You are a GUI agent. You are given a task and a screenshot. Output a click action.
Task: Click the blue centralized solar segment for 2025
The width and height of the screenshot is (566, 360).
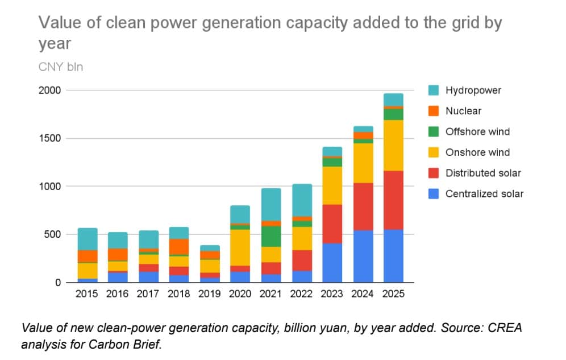coord(393,256)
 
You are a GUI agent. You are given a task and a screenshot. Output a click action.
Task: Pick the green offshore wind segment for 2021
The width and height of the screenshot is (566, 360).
coord(270,236)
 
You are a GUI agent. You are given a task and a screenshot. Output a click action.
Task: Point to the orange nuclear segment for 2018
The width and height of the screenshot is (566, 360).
coord(179,246)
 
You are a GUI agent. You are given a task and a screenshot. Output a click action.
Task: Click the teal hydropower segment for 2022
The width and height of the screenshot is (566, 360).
coord(301,200)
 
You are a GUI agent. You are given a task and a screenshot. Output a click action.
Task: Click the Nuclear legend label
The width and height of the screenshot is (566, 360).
coord(463,111)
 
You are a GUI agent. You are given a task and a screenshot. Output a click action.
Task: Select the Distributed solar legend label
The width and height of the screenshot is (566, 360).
coord(483,173)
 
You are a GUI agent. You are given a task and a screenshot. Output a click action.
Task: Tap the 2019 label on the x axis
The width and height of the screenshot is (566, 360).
coord(209,294)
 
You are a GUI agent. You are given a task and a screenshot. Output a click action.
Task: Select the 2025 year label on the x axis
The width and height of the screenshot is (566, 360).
coord(393,294)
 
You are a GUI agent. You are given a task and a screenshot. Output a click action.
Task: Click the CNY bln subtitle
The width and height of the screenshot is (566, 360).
coord(60,67)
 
